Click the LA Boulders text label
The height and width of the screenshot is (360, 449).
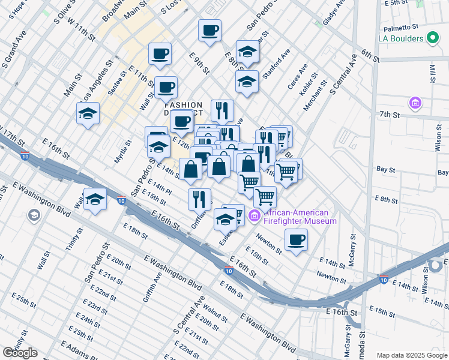tap(402, 39)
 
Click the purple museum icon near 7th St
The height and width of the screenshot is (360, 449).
tap(415, 104)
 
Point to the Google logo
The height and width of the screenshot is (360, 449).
tap(20, 353)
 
